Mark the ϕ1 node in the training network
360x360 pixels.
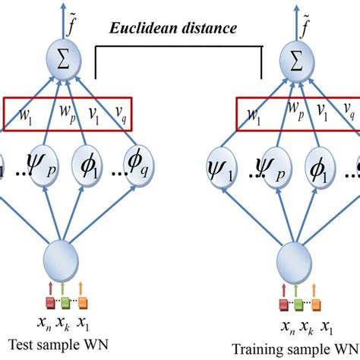click(324, 165)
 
